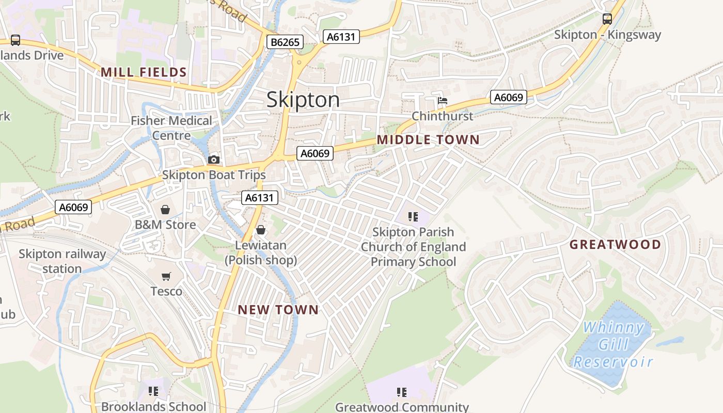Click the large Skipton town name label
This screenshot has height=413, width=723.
303,100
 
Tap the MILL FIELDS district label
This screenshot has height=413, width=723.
144,72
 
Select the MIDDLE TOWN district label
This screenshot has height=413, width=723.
428,139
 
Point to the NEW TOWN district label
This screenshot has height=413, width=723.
278,310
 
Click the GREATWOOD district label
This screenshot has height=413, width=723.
615,244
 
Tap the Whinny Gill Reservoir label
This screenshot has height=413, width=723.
613,344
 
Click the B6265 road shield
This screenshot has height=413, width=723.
285,42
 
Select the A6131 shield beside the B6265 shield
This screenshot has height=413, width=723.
341,37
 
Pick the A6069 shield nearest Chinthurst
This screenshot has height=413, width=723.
508,97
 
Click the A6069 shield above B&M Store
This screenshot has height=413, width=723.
73,207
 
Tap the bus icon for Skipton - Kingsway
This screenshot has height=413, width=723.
607,19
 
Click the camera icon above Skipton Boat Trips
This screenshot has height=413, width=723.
213,160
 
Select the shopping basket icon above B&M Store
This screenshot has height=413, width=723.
165,210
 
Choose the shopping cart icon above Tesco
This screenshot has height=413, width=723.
166,276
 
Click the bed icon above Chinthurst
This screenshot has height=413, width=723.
442,101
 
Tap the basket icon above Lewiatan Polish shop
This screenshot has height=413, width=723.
261,230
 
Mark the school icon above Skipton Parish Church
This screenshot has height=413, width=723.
413,217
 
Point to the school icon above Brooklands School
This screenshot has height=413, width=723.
153,391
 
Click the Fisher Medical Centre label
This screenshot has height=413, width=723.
171,128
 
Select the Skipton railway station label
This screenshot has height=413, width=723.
62,261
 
